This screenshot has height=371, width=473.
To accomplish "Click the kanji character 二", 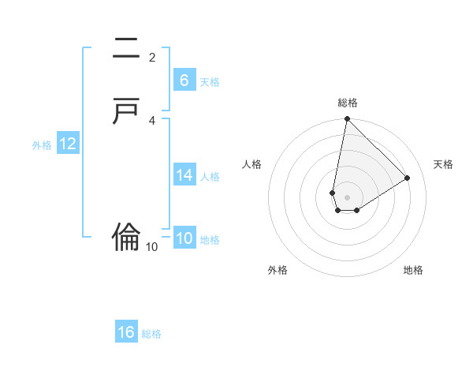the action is (x=127, y=49).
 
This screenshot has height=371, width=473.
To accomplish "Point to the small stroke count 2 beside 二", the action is (x=152, y=57).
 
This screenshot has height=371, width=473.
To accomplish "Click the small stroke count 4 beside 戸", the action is (x=152, y=120).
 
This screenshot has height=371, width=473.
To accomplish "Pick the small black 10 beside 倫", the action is (x=152, y=247).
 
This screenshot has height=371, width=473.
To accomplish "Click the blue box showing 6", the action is (x=184, y=81).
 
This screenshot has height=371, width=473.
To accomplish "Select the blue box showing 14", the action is (x=184, y=175).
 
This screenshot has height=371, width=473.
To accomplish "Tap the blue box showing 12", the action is (x=68, y=144).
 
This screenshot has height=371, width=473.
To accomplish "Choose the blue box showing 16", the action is (x=126, y=332).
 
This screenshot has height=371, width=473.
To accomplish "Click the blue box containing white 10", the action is (x=184, y=238).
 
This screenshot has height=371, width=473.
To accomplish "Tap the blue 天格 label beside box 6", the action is (x=210, y=82).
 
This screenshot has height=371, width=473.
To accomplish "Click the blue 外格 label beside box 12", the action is (x=42, y=145).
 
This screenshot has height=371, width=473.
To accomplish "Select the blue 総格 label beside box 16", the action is (x=151, y=334).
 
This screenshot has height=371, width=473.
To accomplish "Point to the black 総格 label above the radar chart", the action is (x=348, y=103).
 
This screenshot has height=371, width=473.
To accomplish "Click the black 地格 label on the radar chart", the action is (x=413, y=271).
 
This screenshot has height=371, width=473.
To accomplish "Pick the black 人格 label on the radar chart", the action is (x=252, y=164).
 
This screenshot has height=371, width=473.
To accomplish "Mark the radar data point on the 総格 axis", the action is (x=347, y=119).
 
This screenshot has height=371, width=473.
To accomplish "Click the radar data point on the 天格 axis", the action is (x=408, y=178).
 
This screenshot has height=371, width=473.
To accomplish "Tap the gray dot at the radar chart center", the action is (x=347, y=197).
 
